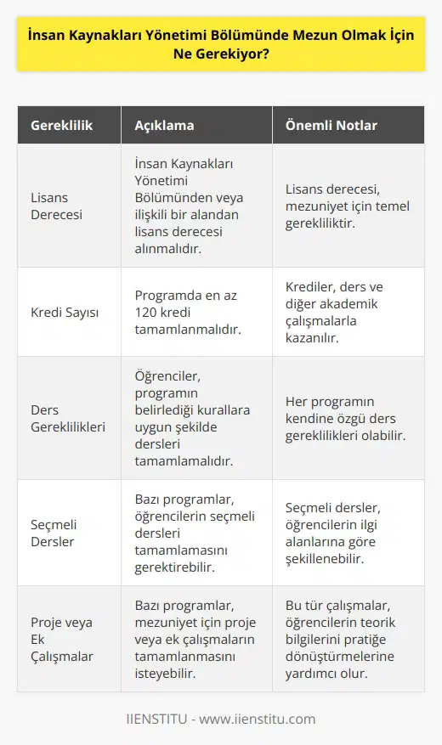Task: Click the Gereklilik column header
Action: (62, 126)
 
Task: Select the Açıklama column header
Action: (164, 126)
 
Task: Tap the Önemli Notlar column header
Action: (324, 126)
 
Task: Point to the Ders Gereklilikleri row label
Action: (71, 420)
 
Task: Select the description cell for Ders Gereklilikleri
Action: (194, 420)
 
